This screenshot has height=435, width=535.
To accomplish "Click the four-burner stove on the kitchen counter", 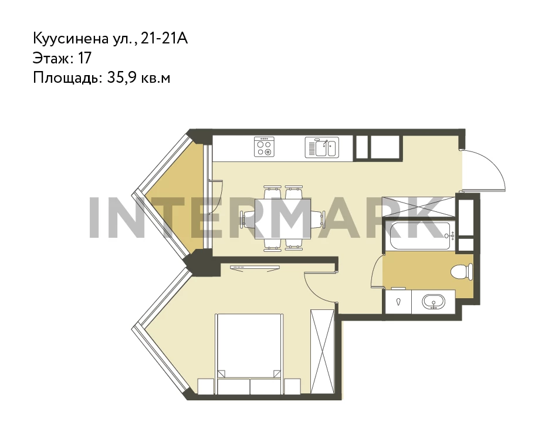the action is tap(264, 147).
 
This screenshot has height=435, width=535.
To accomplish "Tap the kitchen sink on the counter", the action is tap(321, 147).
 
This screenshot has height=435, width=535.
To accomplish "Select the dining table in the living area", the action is tap(283, 219).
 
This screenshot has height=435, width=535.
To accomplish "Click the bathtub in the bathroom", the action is tap(420, 235).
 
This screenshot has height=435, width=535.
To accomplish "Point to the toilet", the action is tap(462, 272).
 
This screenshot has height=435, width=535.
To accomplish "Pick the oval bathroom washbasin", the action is tap(434, 302).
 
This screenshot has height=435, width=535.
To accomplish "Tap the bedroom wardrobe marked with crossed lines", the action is tap(323, 352).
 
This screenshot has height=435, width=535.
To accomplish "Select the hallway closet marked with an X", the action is tap(418, 207).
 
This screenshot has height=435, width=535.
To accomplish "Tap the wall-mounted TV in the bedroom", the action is tap(255, 268).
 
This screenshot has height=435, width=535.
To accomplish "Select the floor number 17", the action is tap(85, 58).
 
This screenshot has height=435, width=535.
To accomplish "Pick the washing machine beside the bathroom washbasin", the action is tap(398, 302).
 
